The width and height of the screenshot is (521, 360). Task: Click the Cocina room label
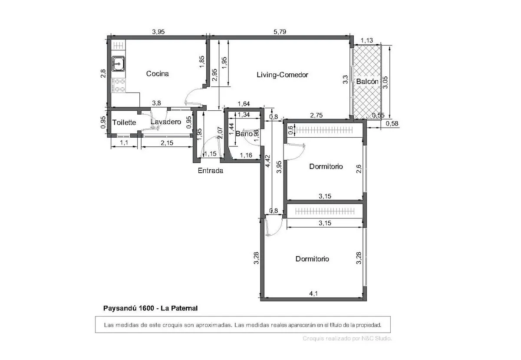tap(157, 73)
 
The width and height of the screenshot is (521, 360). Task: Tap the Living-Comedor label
tap(282, 75)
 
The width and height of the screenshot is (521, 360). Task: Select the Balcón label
tap(367, 82)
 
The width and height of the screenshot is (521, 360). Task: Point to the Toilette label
tap(124, 122)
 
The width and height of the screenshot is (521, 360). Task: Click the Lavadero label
tap(165, 122)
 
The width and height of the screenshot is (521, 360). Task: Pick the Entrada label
tap(210, 171)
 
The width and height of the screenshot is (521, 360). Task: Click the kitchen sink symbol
tap(118, 63)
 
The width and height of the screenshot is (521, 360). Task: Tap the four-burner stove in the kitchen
tap(119, 85)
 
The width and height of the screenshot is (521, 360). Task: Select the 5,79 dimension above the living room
tap(280, 32)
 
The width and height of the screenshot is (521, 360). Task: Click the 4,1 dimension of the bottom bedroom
tap(313, 294)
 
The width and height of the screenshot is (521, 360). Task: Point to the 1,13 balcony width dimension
tap(367, 40)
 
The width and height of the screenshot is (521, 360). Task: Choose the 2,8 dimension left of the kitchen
tap(103, 73)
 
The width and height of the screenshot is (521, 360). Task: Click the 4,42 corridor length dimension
tap(268, 161)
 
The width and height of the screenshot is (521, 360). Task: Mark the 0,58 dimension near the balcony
tap(392, 123)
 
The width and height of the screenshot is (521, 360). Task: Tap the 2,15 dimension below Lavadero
tap(167, 143)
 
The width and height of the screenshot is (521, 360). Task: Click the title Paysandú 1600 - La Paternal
tap(150, 308)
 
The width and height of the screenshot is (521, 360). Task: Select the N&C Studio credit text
tap(376, 338)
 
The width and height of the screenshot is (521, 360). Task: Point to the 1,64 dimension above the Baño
tap(244, 104)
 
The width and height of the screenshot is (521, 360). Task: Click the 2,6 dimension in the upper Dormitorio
tap(359, 169)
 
